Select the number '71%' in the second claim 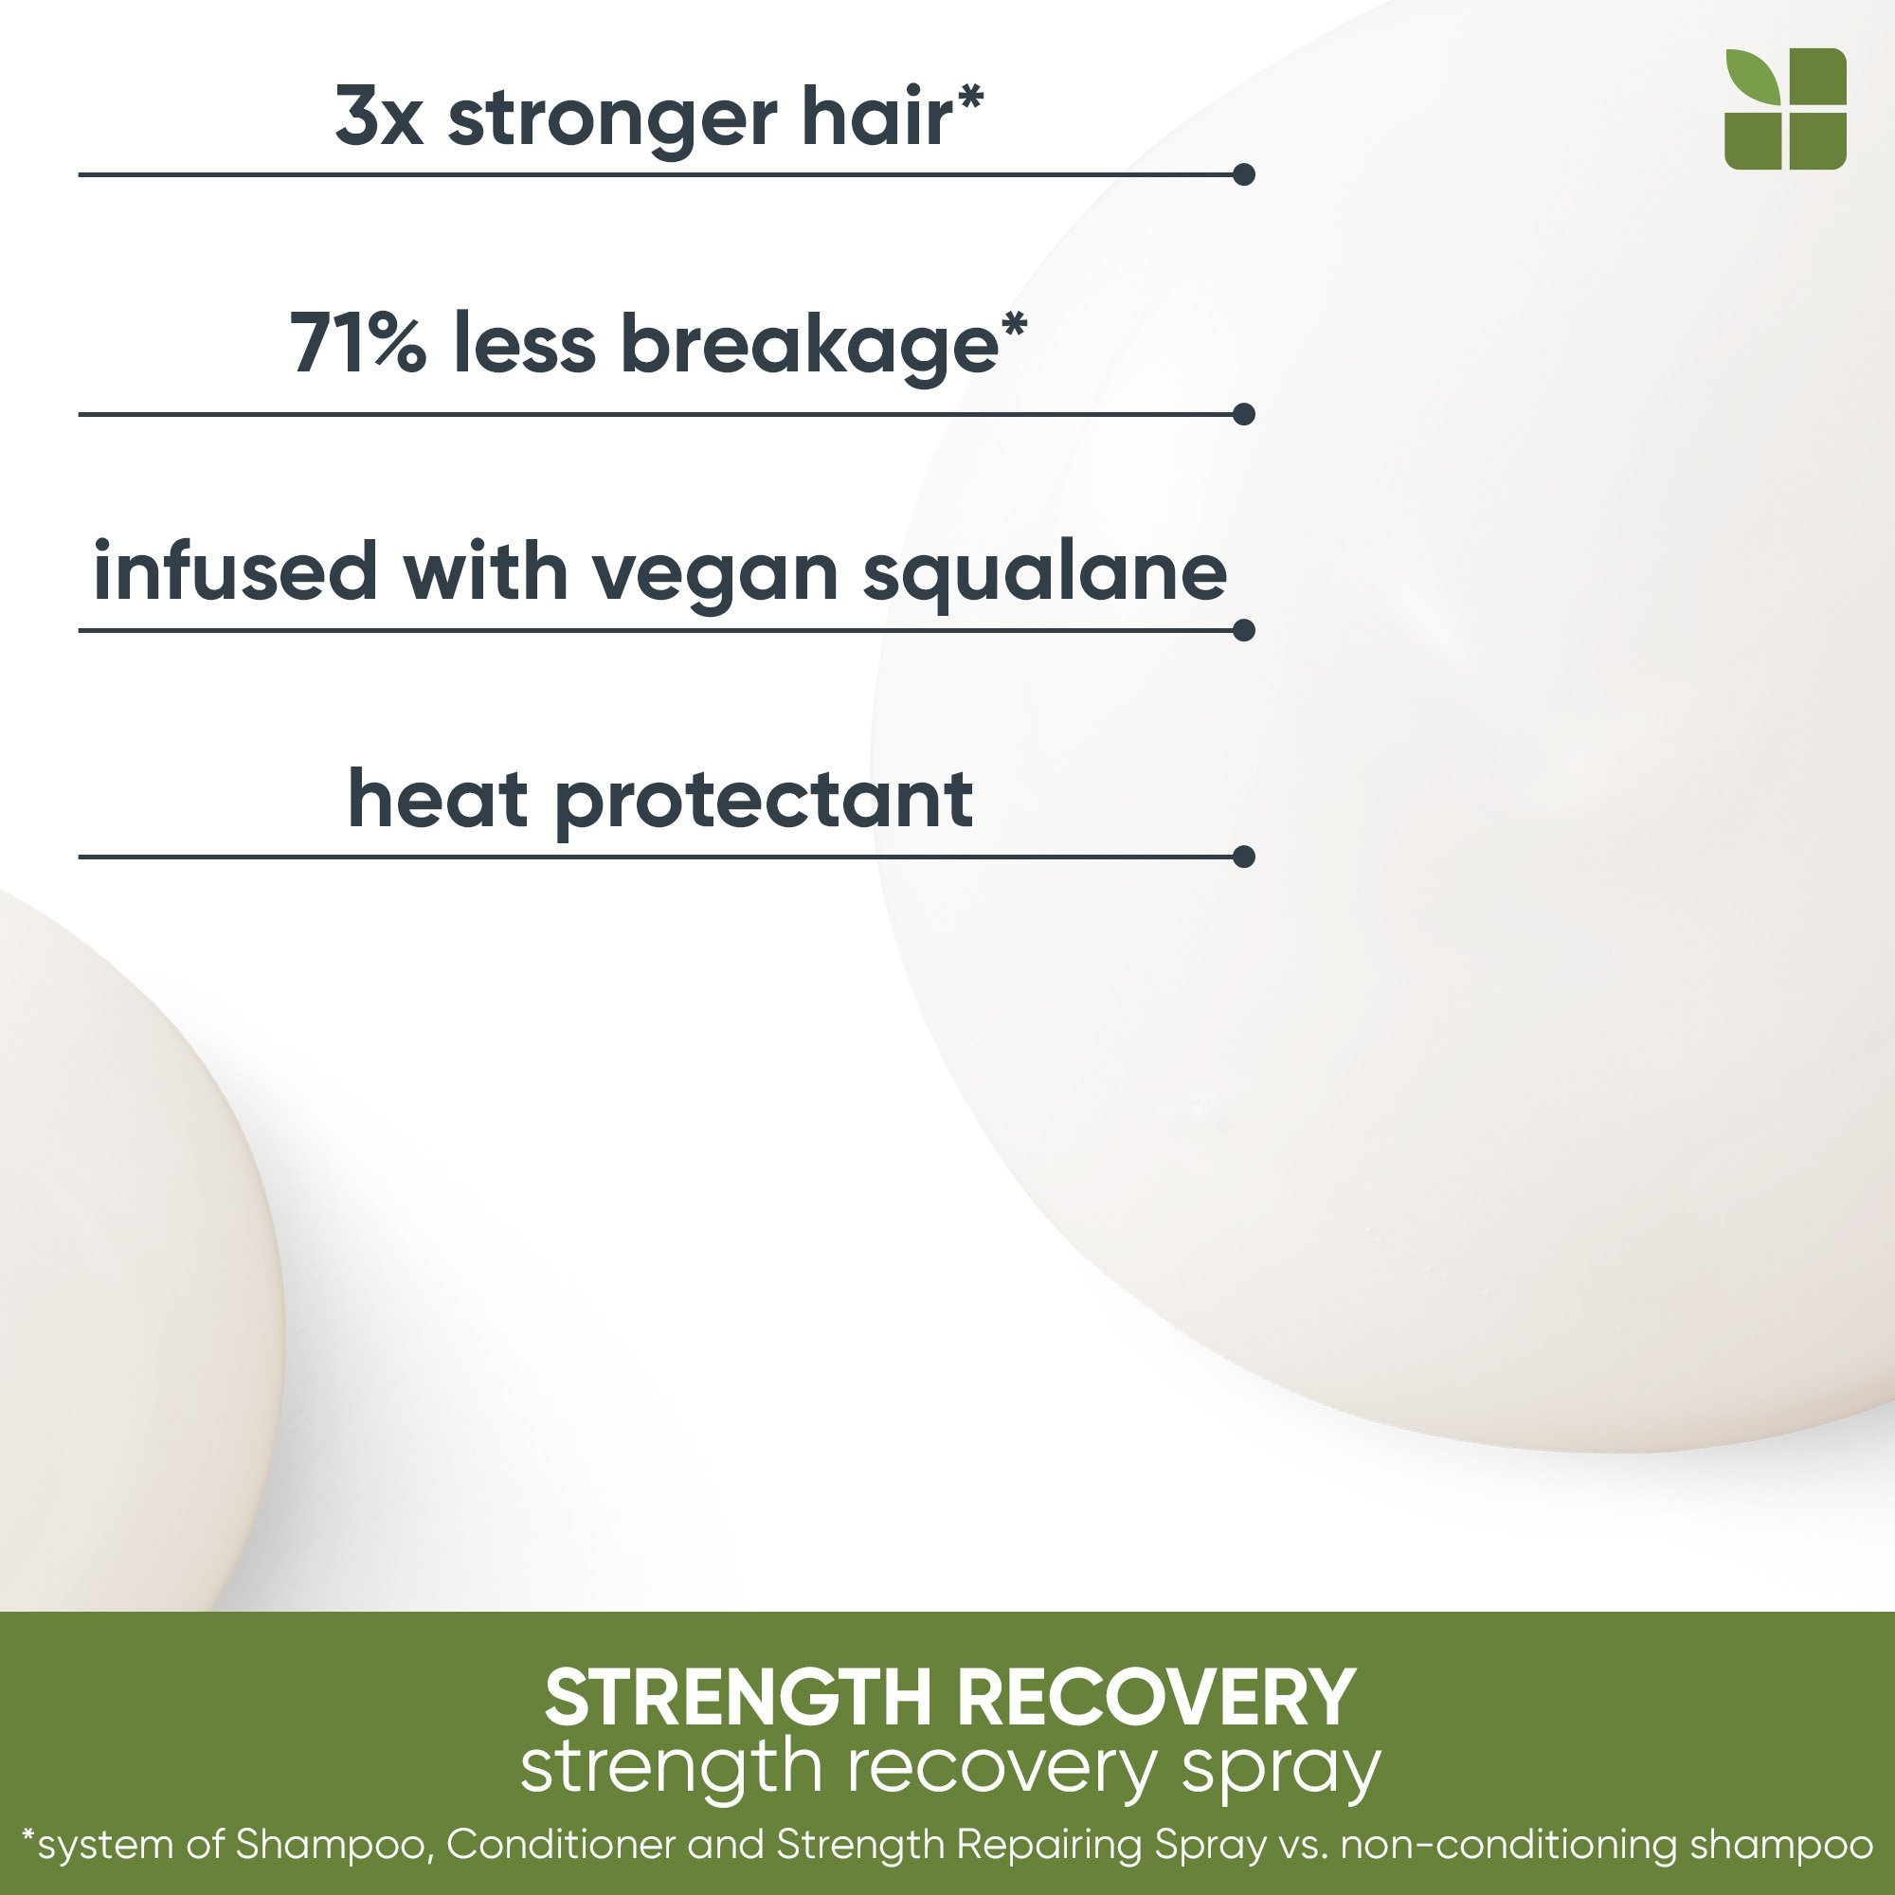tap(358, 343)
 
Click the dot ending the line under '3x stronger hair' tap(1244, 174)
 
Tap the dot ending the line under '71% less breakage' tap(1244, 414)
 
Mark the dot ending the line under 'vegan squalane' tap(1244, 630)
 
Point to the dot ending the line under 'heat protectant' tap(1244, 857)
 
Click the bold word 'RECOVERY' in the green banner tap(1158, 1697)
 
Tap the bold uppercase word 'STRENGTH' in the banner tap(741, 1697)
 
